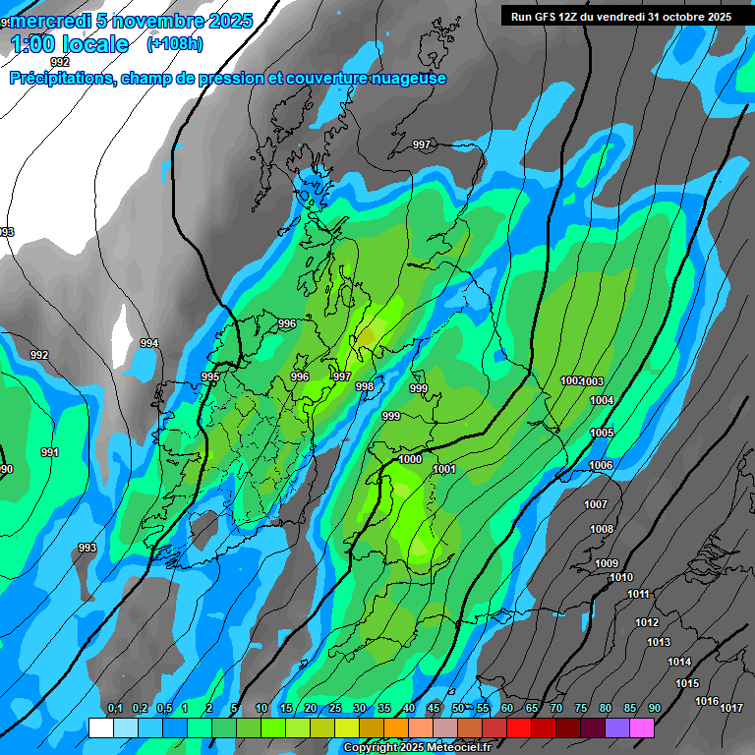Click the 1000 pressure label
[411, 459]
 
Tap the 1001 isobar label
[444, 469]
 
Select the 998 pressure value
[364, 386]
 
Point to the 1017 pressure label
[730, 708]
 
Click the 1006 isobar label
[601, 465]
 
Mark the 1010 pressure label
[621, 577]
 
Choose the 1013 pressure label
[659, 642]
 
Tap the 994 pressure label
[148, 343]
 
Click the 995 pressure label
[210, 377]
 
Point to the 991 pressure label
[50, 452]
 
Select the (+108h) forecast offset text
[174, 44]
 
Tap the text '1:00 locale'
[70, 44]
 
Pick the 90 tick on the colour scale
[654, 708]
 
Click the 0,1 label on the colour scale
[115, 708]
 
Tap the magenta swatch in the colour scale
[642, 727]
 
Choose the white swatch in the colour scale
[100, 727]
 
